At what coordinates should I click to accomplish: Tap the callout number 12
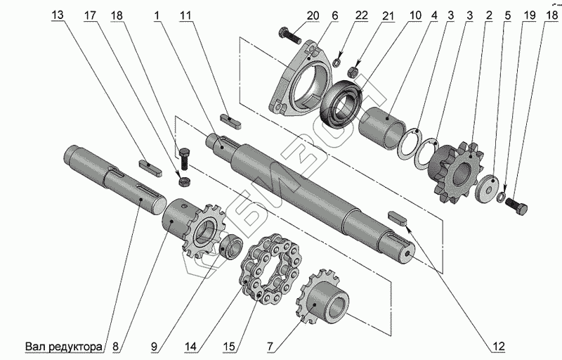click(498, 346)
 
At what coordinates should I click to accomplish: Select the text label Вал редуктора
click(64, 346)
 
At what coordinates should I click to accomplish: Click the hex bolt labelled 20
click(289, 32)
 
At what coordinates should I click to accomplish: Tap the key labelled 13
click(148, 166)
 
